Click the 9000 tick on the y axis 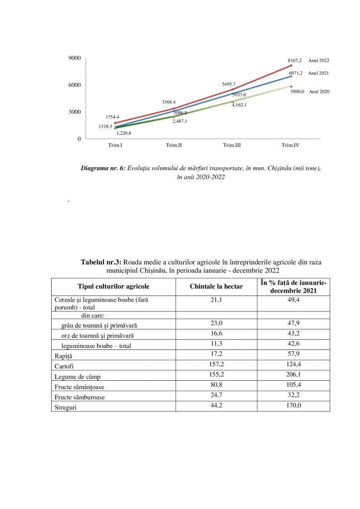click(75, 59)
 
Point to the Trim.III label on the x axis click(232, 145)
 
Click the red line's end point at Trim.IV click(291, 65)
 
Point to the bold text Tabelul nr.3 click(101, 261)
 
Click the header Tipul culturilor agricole click(113, 286)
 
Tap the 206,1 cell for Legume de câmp click(293, 375)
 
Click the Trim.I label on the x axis click(115, 145)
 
